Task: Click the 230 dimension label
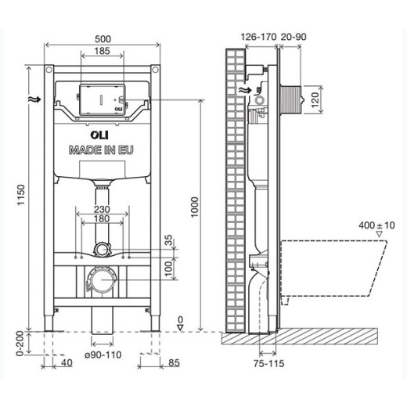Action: (x=100, y=211)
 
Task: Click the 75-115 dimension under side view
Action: (x=268, y=364)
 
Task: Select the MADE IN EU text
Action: (x=100, y=149)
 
